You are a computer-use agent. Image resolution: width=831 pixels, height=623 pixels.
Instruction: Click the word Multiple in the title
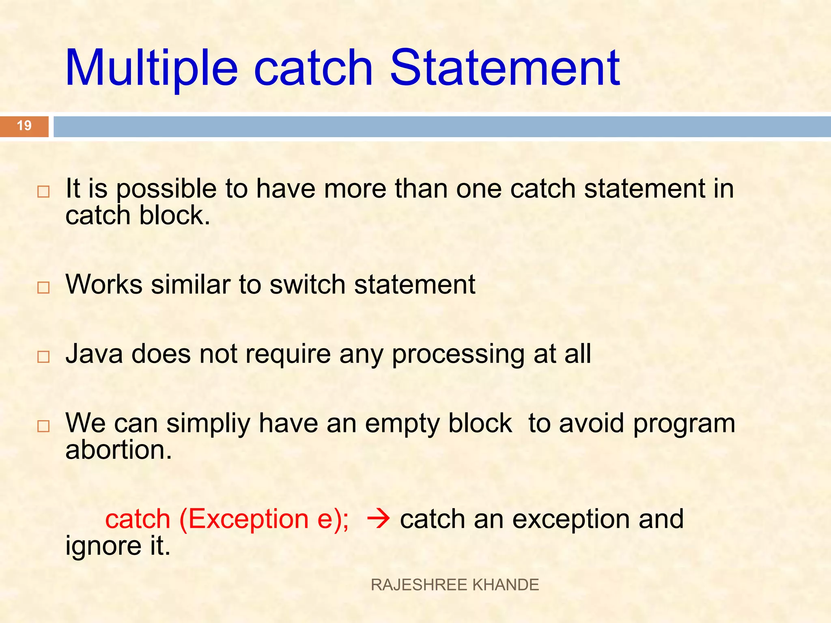point(151,68)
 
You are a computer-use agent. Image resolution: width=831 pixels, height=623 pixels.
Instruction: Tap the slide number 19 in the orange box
point(24,126)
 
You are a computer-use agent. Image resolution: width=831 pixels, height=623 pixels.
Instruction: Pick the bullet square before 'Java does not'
point(43,357)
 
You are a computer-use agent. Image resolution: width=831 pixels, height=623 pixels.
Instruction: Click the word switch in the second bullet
point(307,284)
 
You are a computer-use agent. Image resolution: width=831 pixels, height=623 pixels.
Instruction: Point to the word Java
point(94,354)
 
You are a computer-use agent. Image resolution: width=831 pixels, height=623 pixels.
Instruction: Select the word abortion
point(118,450)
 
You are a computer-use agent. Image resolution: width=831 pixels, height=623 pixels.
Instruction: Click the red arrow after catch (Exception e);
point(378,519)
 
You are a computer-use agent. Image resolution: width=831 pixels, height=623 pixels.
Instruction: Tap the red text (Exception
point(243,519)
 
